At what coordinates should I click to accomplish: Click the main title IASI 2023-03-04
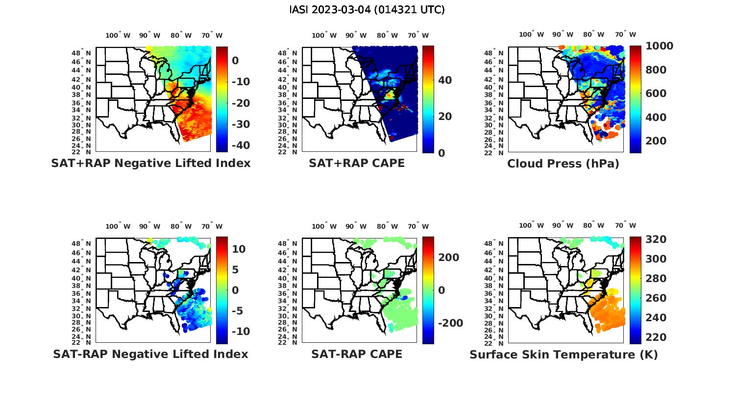(x=367, y=9)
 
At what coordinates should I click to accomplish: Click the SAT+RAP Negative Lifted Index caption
(x=150, y=163)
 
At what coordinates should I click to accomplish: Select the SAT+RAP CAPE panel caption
(x=357, y=163)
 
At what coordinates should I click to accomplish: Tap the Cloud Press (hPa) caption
(x=563, y=164)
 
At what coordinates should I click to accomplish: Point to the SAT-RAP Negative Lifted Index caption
(x=150, y=354)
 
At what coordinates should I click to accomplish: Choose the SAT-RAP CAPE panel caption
(x=357, y=354)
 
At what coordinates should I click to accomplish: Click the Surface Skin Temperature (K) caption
(x=563, y=355)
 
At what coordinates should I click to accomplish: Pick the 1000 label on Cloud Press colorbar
(x=659, y=46)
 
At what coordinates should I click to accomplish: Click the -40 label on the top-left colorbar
(x=240, y=145)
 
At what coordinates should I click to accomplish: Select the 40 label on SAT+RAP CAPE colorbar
(x=445, y=80)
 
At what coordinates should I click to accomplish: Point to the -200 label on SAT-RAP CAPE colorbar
(x=450, y=323)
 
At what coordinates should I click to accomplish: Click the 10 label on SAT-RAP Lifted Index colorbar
(x=239, y=249)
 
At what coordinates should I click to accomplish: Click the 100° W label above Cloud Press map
(x=531, y=35)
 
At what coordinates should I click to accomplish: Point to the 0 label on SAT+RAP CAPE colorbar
(x=441, y=153)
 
